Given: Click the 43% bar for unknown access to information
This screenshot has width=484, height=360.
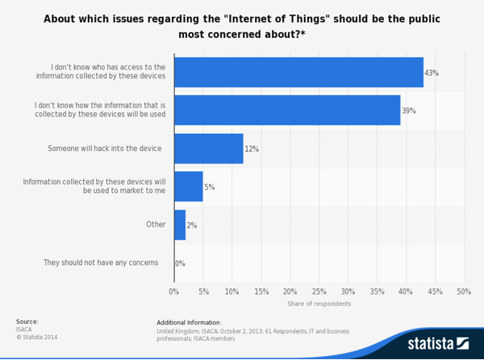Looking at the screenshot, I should [x=298, y=72].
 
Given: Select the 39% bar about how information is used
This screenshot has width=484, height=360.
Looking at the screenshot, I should [x=287, y=110].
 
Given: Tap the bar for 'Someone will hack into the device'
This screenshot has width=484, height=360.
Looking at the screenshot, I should [x=209, y=149].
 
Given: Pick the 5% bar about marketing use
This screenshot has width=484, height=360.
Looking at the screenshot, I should [x=189, y=186].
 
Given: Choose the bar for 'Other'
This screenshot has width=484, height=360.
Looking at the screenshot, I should [x=180, y=224].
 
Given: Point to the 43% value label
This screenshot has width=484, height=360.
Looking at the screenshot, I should [x=432, y=73].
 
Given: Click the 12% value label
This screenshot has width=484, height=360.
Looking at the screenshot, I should [x=252, y=149].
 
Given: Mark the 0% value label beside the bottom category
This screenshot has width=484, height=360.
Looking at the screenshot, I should [x=180, y=263].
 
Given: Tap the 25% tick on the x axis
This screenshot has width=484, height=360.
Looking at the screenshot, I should [x=319, y=291].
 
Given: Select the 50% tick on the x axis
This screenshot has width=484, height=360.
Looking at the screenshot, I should [x=464, y=291].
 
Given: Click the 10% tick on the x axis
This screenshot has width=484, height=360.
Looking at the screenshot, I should [x=232, y=291].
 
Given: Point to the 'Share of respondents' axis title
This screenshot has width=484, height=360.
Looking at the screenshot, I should [x=319, y=303].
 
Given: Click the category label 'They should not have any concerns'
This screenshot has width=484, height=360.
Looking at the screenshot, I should [x=101, y=262].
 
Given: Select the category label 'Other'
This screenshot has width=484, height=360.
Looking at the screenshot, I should [x=156, y=224].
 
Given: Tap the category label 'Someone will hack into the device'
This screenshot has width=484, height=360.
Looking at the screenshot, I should [x=105, y=149].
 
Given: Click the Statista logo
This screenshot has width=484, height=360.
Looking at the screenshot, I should [x=437, y=343].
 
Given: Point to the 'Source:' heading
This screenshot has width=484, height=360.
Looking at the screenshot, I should [x=27, y=321].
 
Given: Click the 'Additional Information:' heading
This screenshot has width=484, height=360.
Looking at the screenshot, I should [x=200, y=322].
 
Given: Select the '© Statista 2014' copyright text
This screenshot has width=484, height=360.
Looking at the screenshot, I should [x=37, y=337].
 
